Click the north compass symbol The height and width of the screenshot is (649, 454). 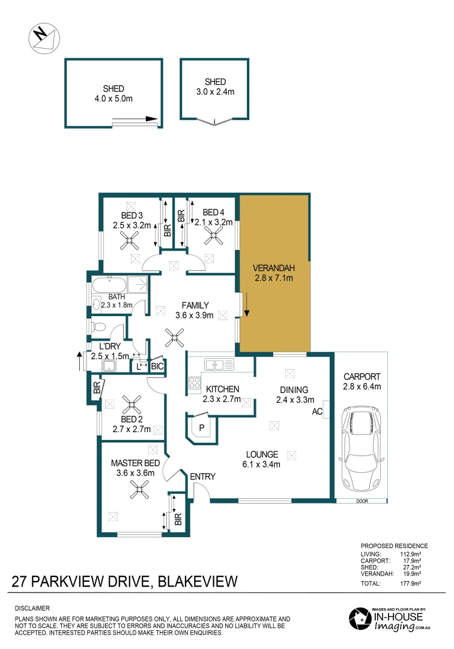pyautogui.click(x=44, y=38)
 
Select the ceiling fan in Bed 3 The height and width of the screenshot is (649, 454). pyautogui.click(x=129, y=242)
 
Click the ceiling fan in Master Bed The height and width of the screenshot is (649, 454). pyautogui.click(x=141, y=491)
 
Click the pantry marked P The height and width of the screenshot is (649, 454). pyautogui.click(x=201, y=427)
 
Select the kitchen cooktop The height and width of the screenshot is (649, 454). pyautogui.click(x=195, y=382)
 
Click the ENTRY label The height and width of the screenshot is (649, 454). pyautogui.click(x=202, y=477)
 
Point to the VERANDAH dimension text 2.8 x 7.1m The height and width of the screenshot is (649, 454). pyautogui.click(x=273, y=278)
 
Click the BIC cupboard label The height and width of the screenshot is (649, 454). pyautogui.click(x=157, y=366)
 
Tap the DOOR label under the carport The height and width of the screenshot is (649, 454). pyautogui.click(x=362, y=501)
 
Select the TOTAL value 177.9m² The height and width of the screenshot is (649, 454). pyautogui.click(x=410, y=583)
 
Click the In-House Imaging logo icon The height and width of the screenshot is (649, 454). pyautogui.click(x=359, y=619)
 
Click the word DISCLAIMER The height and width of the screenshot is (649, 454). pyautogui.click(x=32, y=608)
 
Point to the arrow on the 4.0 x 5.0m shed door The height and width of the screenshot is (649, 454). pyautogui.click(x=150, y=119)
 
